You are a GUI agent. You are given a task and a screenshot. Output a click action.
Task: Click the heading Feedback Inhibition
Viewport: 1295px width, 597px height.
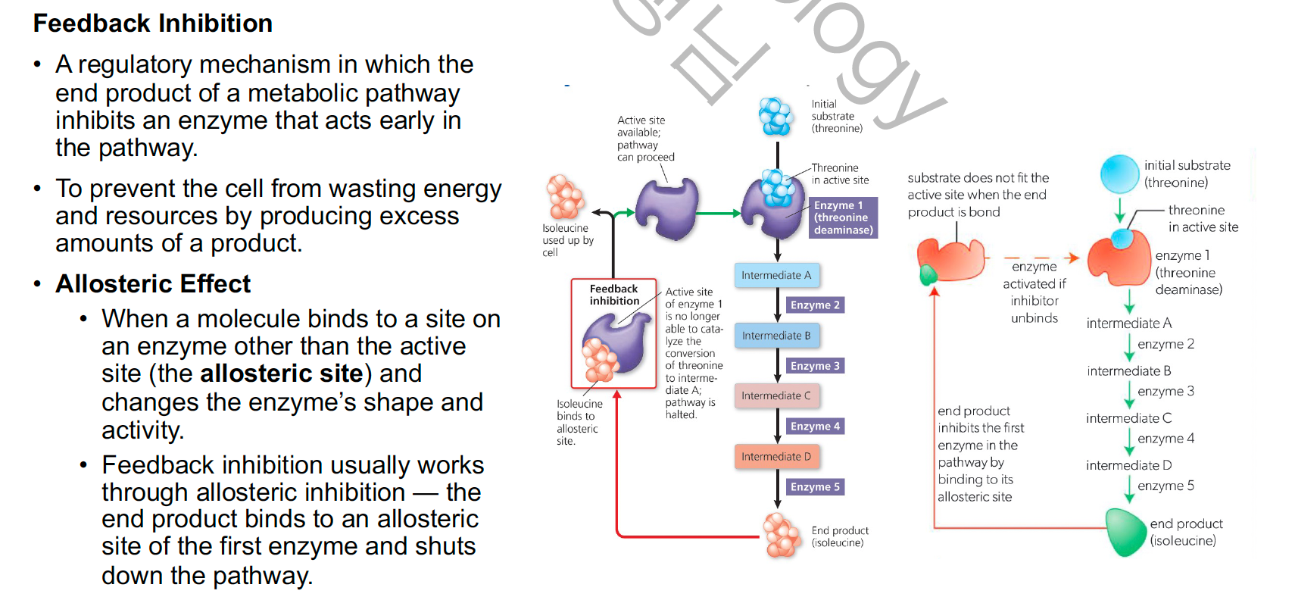point(152,23)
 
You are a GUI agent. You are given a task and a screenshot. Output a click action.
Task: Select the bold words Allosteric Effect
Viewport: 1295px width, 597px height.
point(152,284)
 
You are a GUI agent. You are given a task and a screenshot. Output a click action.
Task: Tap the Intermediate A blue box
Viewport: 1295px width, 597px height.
point(776,275)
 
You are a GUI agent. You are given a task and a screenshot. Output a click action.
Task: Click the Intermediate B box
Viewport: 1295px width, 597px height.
point(776,336)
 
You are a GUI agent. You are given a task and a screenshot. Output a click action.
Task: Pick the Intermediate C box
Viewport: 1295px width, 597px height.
point(776,395)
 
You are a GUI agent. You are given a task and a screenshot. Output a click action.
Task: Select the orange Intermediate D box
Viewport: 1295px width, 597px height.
point(776,456)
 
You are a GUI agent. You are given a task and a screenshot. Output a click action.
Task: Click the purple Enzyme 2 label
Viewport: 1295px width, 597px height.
point(815,305)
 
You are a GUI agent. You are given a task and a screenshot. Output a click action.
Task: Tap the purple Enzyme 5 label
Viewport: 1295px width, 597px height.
point(815,487)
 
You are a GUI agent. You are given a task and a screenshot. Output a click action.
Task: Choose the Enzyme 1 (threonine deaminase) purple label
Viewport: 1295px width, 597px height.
point(844,217)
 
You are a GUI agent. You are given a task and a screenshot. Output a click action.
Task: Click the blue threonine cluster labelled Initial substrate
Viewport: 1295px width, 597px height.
point(776,117)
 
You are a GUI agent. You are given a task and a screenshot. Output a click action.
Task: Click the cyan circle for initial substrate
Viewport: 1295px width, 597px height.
point(1119,173)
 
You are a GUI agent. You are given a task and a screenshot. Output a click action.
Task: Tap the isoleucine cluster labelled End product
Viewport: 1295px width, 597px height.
point(782,535)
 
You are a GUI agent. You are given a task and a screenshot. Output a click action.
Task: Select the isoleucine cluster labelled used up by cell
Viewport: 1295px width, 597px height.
point(565,197)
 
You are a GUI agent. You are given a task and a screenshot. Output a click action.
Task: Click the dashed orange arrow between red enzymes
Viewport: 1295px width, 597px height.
point(1041,258)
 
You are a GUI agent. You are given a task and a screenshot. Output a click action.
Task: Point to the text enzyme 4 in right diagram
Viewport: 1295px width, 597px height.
point(1165,439)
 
